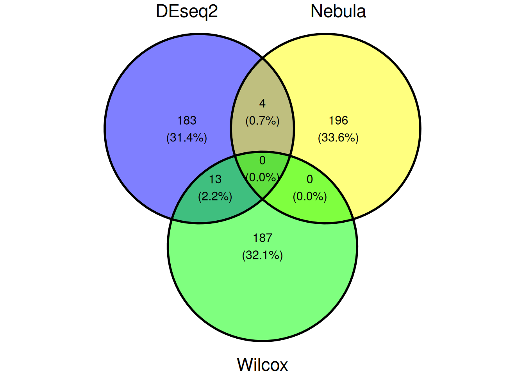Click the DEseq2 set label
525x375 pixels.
click(x=187, y=12)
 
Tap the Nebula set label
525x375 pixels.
click(x=338, y=11)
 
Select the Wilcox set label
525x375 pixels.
click(x=262, y=364)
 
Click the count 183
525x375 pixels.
click(x=187, y=120)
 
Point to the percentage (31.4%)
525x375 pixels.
click(x=187, y=137)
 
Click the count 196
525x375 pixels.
click(x=338, y=120)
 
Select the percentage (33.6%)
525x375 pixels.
click(x=338, y=137)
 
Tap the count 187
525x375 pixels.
click(x=262, y=238)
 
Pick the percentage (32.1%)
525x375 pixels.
click(x=262, y=255)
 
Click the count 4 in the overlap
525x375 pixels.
click(x=262, y=104)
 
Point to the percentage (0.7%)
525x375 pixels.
click(x=262, y=121)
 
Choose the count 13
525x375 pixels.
click(x=215, y=179)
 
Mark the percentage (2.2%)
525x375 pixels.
click(x=215, y=196)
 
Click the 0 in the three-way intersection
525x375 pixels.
click(x=262, y=161)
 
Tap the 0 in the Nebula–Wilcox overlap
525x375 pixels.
click(x=310, y=179)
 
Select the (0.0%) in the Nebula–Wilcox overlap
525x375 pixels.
click(x=310, y=196)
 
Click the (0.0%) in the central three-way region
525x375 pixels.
click(x=262, y=177)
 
